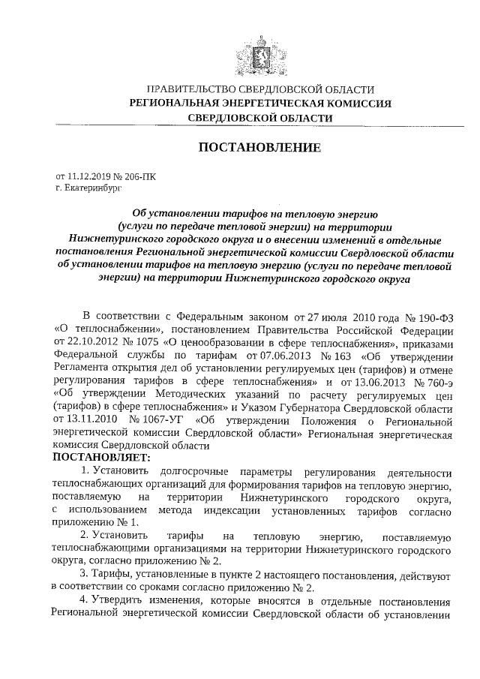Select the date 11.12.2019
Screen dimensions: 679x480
pos(88,177)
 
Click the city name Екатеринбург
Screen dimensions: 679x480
pos(94,189)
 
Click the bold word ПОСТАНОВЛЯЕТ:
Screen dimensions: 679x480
pos(102,456)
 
